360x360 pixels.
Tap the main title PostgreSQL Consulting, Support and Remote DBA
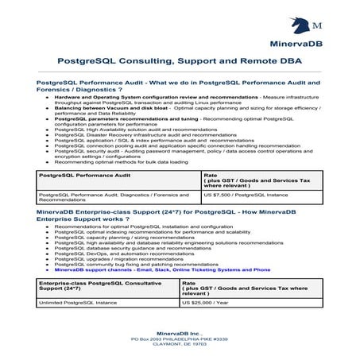(180, 61)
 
